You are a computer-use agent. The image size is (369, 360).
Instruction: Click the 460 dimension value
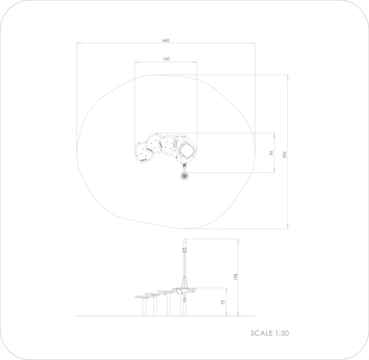pos(166,40)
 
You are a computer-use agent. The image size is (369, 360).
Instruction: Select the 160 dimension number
pos(166,59)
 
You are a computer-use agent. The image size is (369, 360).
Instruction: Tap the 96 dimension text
pos(271,153)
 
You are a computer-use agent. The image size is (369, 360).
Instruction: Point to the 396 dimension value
pos(284,155)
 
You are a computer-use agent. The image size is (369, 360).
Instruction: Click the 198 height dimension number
pos(235,277)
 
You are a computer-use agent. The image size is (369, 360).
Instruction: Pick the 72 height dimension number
pos(223,302)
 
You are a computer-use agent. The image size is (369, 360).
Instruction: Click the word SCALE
pos(261,333)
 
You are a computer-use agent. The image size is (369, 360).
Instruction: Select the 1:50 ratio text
pos(281,333)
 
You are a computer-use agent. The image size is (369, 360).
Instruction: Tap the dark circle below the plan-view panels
pos(184,176)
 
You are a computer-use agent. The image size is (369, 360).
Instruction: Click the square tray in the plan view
pos(187,151)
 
